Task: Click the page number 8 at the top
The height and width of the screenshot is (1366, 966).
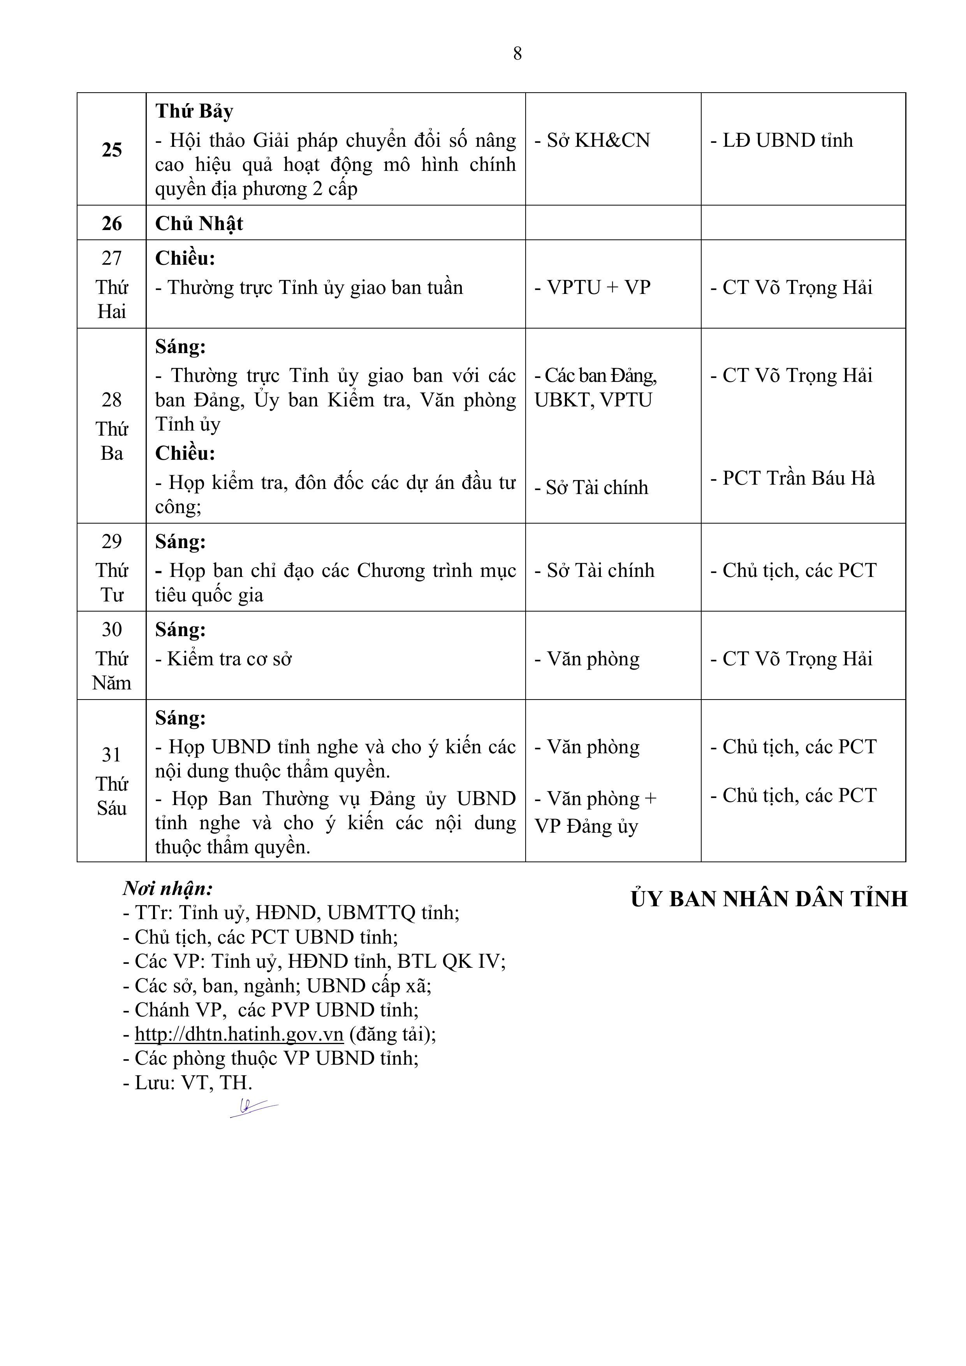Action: [x=517, y=54]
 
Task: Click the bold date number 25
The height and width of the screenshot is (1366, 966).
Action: [x=112, y=150]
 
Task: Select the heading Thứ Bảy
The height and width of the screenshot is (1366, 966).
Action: [x=194, y=111]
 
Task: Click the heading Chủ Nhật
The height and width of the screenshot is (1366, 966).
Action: [x=199, y=224]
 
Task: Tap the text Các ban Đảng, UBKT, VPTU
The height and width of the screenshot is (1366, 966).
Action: [x=595, y=388]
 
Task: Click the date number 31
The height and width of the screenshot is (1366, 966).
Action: [x=112, y=755]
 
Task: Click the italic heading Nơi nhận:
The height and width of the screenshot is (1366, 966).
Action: [x=168, y=889]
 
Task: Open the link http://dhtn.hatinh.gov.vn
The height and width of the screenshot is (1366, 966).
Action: [x=239, y=1034]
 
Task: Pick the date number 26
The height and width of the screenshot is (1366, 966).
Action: [x=112, y=224]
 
